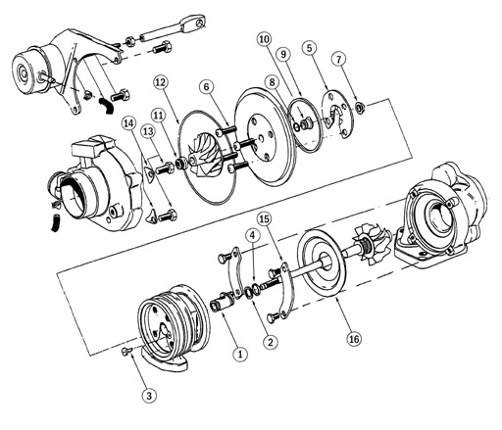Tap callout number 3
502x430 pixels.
coord(148,396)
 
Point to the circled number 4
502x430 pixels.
coord(252,236)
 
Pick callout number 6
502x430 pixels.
coord(207,87)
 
